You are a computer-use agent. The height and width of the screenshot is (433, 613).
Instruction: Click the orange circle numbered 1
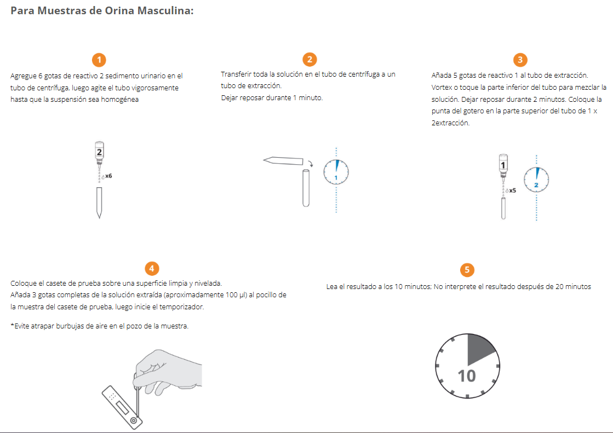99,60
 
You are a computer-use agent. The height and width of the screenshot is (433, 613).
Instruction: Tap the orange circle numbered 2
310,60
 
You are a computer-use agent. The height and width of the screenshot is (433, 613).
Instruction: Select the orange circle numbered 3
520,60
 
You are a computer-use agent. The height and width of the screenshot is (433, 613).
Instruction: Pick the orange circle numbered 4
152,268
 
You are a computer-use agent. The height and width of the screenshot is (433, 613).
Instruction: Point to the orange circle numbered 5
467,270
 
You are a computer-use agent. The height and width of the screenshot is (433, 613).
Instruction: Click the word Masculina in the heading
165,10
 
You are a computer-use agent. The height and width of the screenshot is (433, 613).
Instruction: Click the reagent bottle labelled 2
99,153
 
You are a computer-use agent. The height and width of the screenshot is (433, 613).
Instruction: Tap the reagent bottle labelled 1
503,166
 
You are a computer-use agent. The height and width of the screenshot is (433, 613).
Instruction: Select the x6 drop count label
108,176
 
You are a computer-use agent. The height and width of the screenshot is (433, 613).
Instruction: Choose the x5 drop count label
512,190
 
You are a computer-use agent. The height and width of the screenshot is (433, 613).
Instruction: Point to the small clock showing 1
336,172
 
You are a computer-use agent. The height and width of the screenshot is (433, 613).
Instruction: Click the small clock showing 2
536,180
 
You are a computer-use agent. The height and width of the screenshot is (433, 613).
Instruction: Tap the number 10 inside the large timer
466,376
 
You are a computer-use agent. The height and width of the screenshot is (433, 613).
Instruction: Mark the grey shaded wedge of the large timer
480,348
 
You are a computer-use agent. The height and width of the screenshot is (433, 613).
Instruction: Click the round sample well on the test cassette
134,420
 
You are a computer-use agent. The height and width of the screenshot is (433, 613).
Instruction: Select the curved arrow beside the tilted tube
311,163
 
